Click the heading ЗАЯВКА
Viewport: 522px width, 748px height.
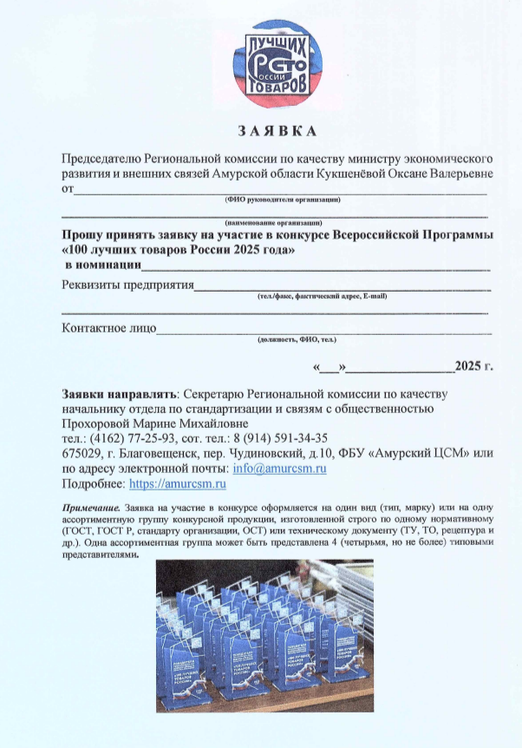coord(277,132)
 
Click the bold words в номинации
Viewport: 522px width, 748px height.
coord(103,265)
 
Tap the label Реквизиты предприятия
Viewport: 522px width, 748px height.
coord(127,285)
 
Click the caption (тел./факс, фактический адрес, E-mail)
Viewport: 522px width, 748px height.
coord(321,297)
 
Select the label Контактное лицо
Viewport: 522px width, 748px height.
coord(109,328)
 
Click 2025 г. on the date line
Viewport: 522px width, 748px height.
coord(473,364)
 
